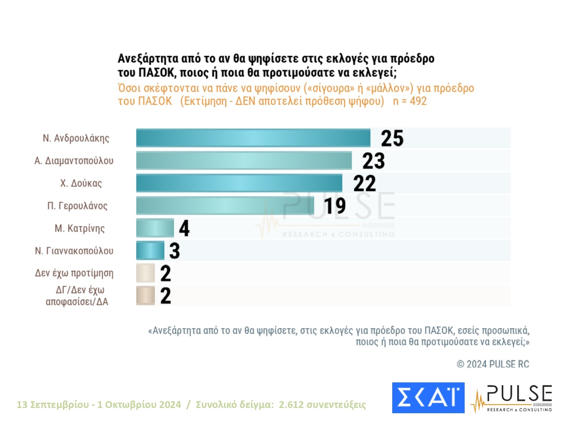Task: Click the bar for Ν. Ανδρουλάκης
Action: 253,138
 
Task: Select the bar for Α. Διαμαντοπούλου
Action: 244,161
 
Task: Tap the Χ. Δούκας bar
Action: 239,183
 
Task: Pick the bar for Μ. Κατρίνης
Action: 155,228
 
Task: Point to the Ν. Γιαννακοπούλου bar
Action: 150,251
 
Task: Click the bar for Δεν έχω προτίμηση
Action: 145,273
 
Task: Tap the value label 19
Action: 335,206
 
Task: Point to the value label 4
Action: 184,228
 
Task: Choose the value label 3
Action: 175,251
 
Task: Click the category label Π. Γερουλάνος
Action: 77,206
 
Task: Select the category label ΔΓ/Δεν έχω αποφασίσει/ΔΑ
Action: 77,296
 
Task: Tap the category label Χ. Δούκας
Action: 81,183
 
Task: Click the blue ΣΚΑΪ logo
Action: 428,397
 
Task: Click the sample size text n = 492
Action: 409,101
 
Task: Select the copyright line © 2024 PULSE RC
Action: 493,364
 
